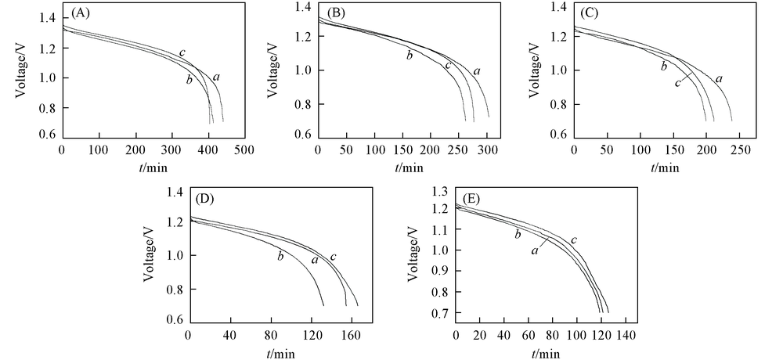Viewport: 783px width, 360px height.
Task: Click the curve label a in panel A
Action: click(215, 76)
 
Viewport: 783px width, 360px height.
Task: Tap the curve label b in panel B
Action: click(409, 54)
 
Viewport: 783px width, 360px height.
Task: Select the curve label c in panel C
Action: click(677, 82)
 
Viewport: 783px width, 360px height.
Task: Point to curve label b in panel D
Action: click(280, 255)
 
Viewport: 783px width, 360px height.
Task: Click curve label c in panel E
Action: click(574, 239)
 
